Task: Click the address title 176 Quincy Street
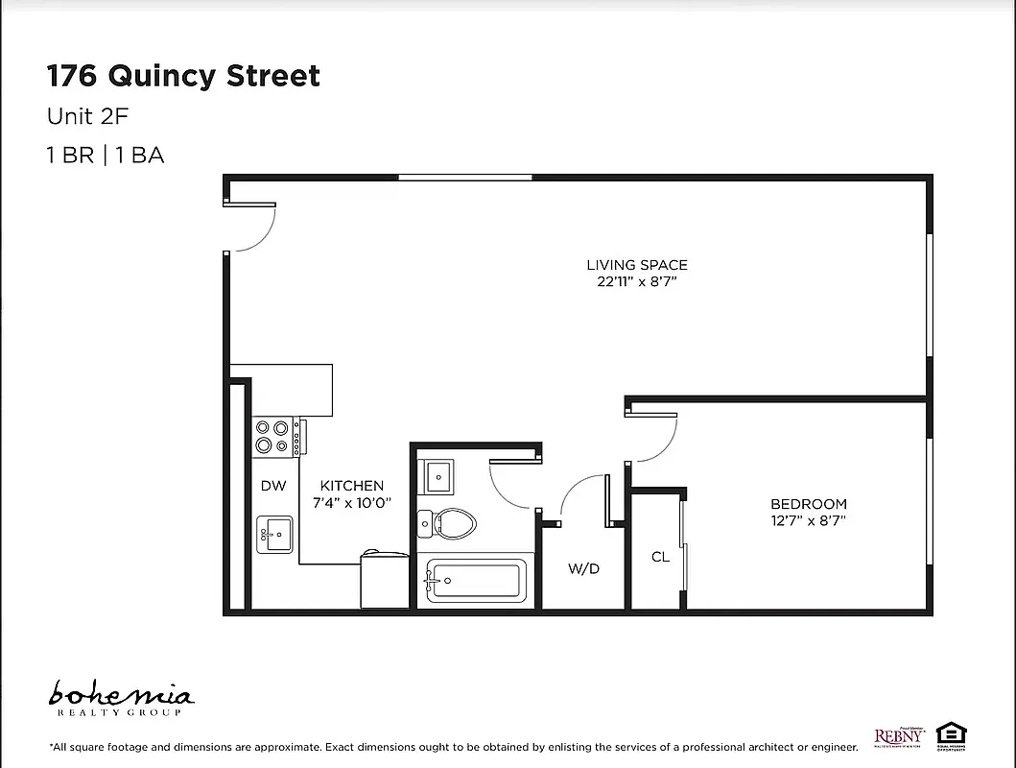click(x=183, y=76)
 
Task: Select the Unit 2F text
click(x=87, y=116)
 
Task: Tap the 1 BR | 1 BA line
click(x=106, y=155)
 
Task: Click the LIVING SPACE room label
click(x=637, y=265)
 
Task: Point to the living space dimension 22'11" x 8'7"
click(x=637, y=282)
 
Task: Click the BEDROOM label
click(x=809, y=504)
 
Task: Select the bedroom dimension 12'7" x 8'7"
click(x=809, y=521)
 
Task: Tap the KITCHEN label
click(x=352, y=486)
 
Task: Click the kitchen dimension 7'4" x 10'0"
click(x=352, y=503)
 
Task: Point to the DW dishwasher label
click(x=273, y=486)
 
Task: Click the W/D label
click(x=583, y=568)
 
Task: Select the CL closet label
click(x=660, y=557)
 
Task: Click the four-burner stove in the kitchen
click(x=272, y=437)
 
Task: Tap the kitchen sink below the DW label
click(x=274, y=534)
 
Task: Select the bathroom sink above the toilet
click(x=439, y=475)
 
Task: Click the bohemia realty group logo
click(x=121, y=698)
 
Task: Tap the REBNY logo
click(x=898, y=736)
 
